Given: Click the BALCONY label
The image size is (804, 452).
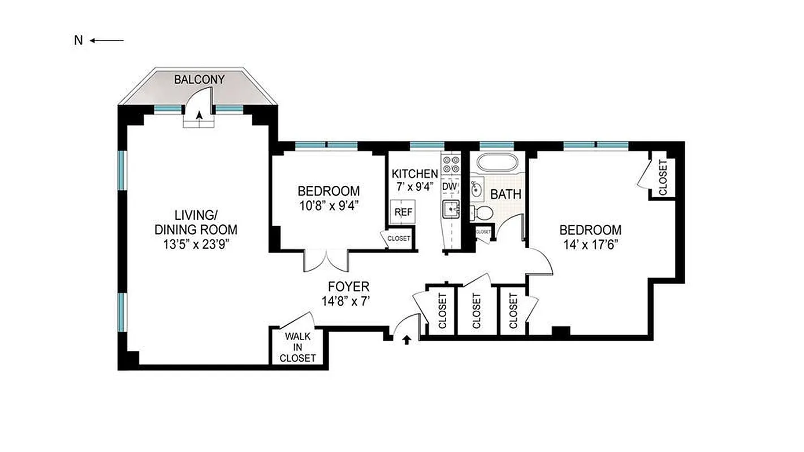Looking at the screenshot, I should tap(199, 80).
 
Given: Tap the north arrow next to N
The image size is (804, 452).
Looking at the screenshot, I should tap(106, 40).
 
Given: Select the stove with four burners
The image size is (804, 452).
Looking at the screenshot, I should tap(451, 164).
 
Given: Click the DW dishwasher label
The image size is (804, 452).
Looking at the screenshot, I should tap(449, 186).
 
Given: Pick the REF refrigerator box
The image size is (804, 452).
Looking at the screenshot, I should tap(403, 212).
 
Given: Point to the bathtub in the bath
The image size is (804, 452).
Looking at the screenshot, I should tap(497, 162).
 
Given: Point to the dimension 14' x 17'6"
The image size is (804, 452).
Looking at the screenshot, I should tap(590, 245).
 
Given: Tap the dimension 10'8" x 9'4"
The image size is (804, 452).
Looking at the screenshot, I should tap(329, 205).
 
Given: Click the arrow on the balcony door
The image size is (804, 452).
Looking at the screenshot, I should tap(199, 116).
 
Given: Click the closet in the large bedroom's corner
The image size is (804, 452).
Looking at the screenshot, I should tap(663, 177).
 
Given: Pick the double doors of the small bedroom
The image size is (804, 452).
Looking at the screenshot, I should tap(326, 259).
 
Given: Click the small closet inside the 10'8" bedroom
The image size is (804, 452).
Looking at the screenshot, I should tap(399, 238).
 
